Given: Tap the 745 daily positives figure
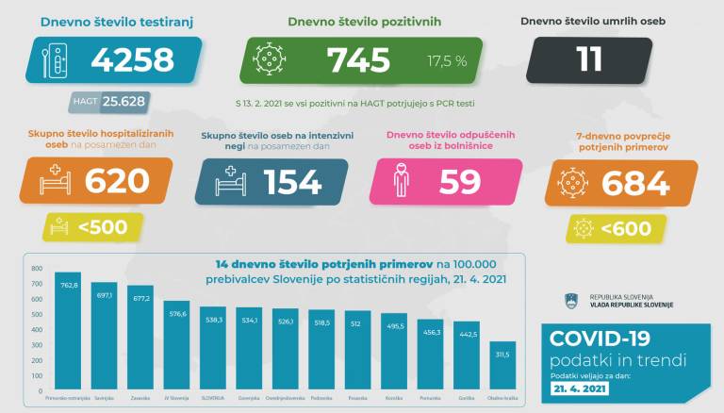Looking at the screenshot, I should pyautogui.click(x=358, y=61).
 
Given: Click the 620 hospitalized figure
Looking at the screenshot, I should pyautogui.click(x=117, y=182).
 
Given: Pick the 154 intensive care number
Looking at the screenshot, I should pyautogui.click(x=291, y=182).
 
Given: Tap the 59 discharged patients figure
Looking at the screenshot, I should pyautogui.click(x=460, y=182).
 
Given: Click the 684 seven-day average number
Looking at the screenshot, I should pyautogui.click(x=634, y=182).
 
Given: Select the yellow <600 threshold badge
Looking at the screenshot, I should pyautogui.click(x=618, y=226).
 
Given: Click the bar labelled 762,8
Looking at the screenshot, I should pyautogui.click(x=67, y=330).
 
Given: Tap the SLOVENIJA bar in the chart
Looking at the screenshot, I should pyautogui.click(x=211, y=348).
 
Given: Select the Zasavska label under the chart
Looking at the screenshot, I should pyautogui.click(x=140, y=398).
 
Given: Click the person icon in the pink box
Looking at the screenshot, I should pyautogui.click(x=401, y=182).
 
